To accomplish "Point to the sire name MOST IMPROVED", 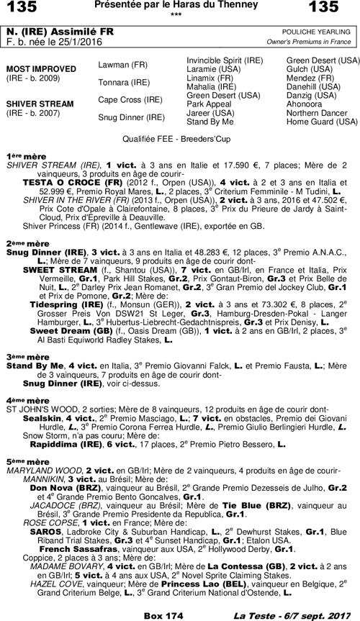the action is pyautogui.click(x=37, y=69).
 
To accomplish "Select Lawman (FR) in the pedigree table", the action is pyautogui.click(x=120, y=65).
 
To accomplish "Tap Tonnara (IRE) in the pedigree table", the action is pyautogui.click(x=121, y=82).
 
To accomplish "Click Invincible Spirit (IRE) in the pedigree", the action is pyautogui.click(x=224, y=60).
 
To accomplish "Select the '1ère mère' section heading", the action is pyautogui.click(x=21, y=156).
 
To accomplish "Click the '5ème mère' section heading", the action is pyautogui.click(x=22, y=461).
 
